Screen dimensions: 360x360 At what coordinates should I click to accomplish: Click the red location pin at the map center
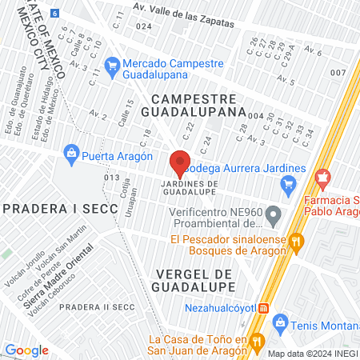pos(180,162)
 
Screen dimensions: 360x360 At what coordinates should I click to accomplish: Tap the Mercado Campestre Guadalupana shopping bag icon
pos(113,63)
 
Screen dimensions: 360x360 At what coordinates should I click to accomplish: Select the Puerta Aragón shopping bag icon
pos(71,152)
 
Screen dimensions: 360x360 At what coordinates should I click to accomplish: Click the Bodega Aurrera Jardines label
pos(235,169)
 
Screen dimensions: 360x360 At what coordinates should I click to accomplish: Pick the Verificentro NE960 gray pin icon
pos(274,214)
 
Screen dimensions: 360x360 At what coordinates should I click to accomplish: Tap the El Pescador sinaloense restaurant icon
pos(295,240)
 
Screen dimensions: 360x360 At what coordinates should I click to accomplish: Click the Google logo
pos(27,350)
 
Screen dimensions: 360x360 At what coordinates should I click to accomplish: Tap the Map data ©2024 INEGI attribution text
pos(312,354)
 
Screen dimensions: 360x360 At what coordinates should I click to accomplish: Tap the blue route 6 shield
pos(54,14)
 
